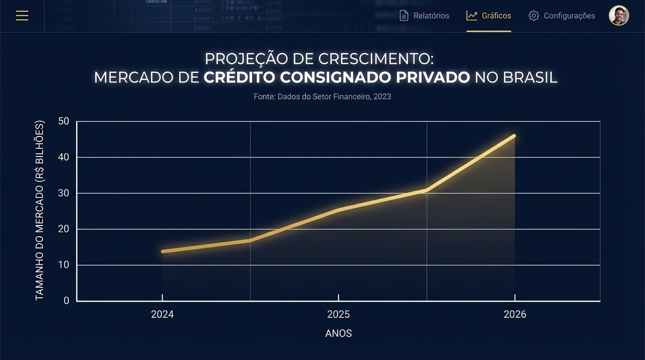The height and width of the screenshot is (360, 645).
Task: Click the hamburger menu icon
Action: point(22,15)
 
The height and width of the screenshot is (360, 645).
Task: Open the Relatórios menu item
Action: point(424,15)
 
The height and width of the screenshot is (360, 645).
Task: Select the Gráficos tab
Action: point(488,15)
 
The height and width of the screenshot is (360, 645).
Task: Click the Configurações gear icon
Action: point(533,15)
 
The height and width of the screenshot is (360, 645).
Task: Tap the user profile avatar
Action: point(618,15)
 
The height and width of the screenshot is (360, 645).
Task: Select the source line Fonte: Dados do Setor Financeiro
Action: point(322,97)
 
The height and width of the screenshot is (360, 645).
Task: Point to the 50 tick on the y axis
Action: point(64,121)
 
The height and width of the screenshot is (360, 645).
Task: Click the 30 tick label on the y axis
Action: point(64,193)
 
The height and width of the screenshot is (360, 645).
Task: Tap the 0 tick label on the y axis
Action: point(66,300)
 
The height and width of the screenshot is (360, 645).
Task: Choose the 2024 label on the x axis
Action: point(162,315)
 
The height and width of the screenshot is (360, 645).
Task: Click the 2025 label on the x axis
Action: point(338,315)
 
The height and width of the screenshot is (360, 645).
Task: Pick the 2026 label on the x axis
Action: point(515,315)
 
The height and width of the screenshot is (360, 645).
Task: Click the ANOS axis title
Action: point(338,334)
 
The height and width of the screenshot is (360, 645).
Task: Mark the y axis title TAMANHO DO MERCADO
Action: point(40,210)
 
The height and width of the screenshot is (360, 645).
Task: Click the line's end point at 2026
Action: point(514,136)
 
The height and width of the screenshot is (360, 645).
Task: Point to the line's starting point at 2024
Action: point(163,252)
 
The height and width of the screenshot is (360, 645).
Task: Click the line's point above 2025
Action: point(338,210)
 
